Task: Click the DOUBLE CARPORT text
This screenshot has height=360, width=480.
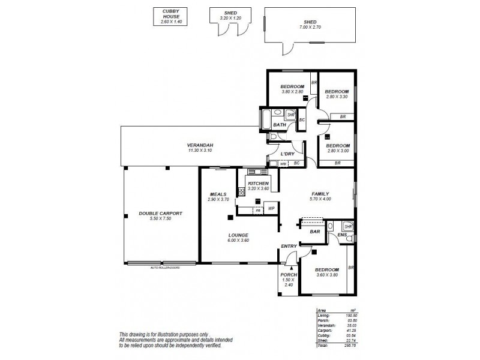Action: point(160,214)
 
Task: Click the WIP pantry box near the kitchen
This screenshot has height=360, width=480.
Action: point(271,209)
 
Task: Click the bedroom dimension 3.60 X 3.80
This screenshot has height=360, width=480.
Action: point(327,275)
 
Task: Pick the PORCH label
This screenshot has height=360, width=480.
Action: point(289,275)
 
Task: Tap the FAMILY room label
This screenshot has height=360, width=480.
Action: point(319,194)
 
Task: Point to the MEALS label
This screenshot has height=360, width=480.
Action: point(218,194)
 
